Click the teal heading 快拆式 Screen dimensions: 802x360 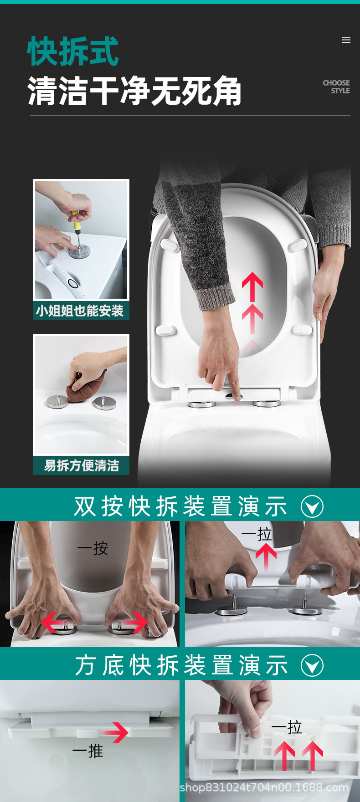pos(73,51)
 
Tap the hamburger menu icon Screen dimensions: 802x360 pos(346,40)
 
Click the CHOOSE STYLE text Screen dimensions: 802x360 pos(337,87)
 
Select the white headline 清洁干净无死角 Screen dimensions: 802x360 pos(134,91)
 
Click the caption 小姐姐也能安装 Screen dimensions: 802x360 pos(80,311)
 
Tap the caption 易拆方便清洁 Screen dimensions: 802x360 pos(81,465)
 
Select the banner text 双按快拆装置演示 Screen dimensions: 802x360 pos(181,506)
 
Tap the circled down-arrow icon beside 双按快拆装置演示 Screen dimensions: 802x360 pos(312,506)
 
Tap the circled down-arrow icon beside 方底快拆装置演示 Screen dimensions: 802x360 pos(312,665)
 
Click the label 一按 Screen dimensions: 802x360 pos(93,548)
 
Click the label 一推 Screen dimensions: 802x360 pos(87,751)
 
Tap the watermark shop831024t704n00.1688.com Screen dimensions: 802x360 pos(264,787)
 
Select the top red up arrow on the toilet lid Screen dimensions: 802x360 pos(252,286)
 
